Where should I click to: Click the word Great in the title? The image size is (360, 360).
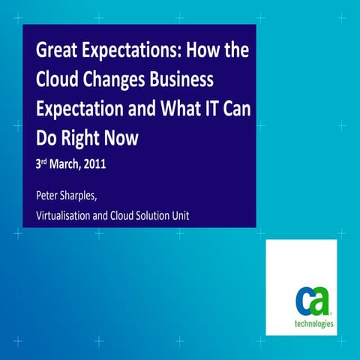(x=58, y=52)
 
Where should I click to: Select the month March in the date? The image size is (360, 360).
(x=67, y=164)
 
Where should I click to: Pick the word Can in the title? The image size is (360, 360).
(x=235, y=109)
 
